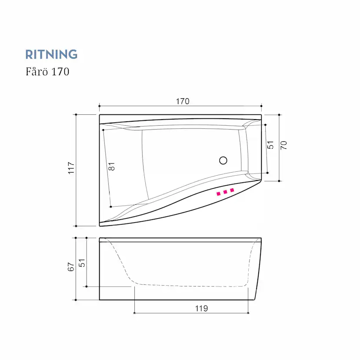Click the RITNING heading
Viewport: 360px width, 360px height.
[51, 54]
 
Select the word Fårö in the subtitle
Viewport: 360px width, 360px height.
[37, 71]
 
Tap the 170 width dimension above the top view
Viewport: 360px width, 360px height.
[183, 101]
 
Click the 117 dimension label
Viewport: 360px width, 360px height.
[71, 168]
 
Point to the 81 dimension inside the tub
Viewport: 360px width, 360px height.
[111, 167]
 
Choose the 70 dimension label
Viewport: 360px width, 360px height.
[284, 145]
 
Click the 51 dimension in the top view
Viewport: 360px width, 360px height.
[271, 145]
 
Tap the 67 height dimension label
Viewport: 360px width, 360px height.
[71, 267]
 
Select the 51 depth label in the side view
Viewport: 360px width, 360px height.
[82, 263]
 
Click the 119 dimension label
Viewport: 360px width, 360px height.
[202, 308]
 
